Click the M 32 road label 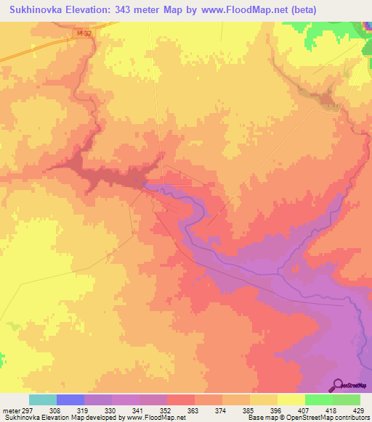83,33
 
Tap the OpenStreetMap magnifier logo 338,386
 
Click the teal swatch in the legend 43,400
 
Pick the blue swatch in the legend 70,400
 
